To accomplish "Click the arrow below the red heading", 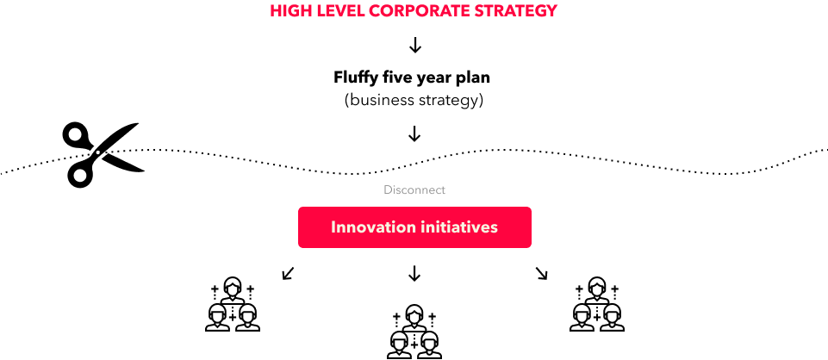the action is pyautogui.click(x=415, y=46).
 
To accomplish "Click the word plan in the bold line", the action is pyautogui.click(x=473, y=78).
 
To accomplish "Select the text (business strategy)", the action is pyautogui.click(x=414, y=100).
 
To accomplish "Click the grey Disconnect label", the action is pyautogui.click(x=414, y=189).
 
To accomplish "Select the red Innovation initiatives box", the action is pyautogui.click(x=414, y=227).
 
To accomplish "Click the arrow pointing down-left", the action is pyautogui.click(x=288, y=273).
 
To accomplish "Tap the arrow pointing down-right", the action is pyautogui.click(x=542, y=273).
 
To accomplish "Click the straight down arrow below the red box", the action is pyautogui.click(x=414, y=273).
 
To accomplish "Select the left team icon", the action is pyautogui.click(x=233, y=304).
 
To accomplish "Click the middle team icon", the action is pyautogui.click(x=414, y=332).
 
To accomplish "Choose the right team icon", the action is pyautogui.click(x=597, y=304).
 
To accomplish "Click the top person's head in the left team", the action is pyautogui.click(x=233, y=286).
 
